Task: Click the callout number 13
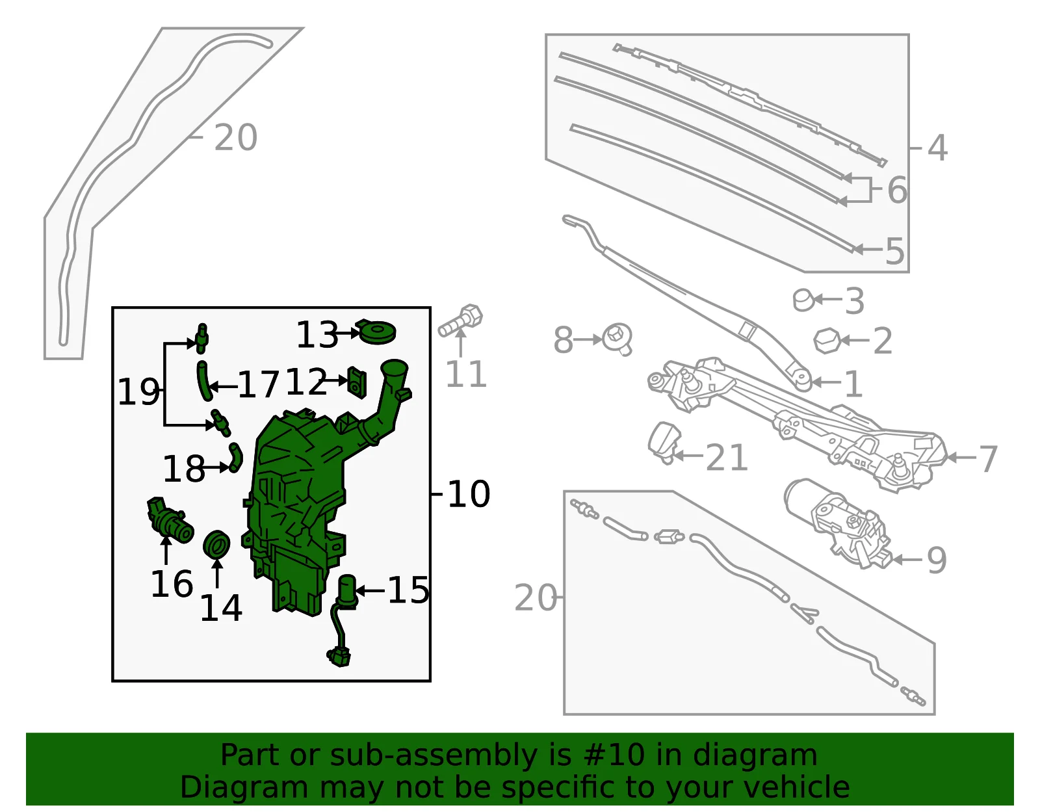317,334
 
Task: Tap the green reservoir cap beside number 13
376,332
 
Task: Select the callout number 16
172,584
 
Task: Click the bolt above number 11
460,321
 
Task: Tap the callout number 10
469,494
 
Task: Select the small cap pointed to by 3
803,300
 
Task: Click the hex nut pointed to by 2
827,341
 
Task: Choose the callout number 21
727,458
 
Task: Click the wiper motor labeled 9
838,525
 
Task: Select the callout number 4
937,148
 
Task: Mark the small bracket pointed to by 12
357,382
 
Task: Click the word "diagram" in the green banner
755,755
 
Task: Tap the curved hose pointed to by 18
236,458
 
